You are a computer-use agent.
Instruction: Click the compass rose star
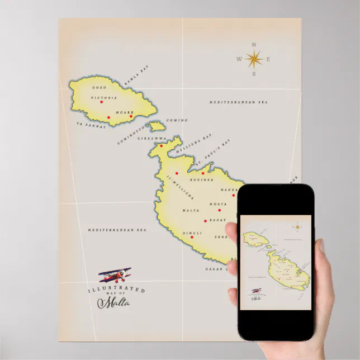(x=254, y=58)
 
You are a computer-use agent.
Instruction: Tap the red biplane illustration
(x=115, y=274)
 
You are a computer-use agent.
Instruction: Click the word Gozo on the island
(x=99, y=88)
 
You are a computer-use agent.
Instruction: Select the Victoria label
(x=104, y=97)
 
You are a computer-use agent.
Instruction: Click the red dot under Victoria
(x=101, y=102)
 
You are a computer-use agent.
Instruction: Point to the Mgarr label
(x=125, y=112)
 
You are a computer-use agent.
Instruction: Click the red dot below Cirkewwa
(x=162, y=146)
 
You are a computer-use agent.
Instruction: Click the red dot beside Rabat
(x=205, y=221)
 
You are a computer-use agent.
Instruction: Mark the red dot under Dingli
(x=192, y=237)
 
